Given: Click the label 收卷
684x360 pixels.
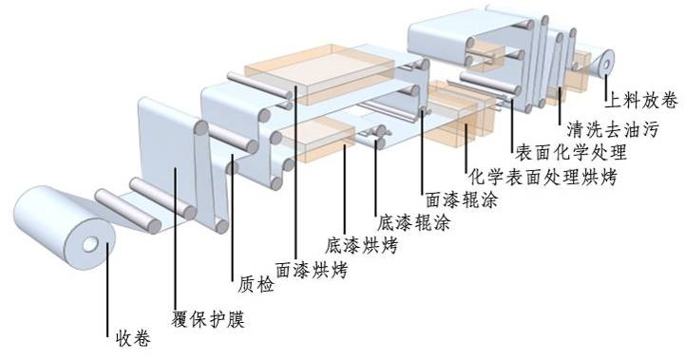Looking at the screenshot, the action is coord(133,338).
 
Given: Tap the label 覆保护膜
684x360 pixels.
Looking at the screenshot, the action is coord(208,319).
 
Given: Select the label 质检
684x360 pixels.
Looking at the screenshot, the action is coord(256,285).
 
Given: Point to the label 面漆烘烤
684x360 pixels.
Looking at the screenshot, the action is coord(312,270).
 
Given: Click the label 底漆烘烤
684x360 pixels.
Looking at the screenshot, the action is coord(362,246).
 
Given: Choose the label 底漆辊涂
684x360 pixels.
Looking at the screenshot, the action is coord(413,223).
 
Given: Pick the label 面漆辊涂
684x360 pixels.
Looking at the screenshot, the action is coord(462,199).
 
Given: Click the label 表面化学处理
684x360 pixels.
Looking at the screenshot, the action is coord(571,152).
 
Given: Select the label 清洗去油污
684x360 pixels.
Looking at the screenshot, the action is coord(613,129).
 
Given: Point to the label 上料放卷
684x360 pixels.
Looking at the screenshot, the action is coord(641,101).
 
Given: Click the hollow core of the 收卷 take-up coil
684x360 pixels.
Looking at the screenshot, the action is coord(91,244).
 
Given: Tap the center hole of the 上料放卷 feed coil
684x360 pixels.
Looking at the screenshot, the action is coord(606,65).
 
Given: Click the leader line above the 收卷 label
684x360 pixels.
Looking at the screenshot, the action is coord(107,290).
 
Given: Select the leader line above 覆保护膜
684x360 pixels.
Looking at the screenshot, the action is coord(175,239).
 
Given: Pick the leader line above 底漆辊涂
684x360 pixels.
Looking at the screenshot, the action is coord(376,178).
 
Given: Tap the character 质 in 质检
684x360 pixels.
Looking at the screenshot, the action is coord(247,285).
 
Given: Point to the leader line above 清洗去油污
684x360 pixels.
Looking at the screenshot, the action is coord(560,103).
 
